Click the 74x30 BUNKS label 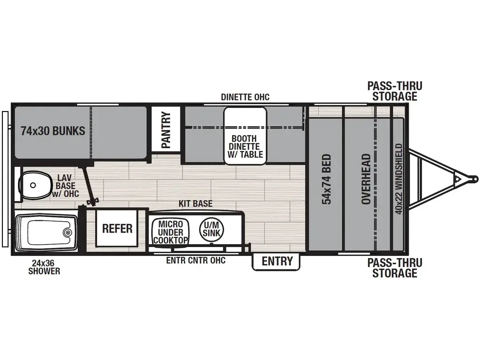pos(53,131)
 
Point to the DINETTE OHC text pos(245,97)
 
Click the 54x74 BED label pos(326,179)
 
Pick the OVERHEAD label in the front pos(366,179)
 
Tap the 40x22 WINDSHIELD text pos(399,179)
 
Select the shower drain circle pos(68,232)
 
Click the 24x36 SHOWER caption pos(44,267)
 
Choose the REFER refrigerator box pos(117,229)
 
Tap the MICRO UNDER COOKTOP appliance pos(171,232)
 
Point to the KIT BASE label pos(195,204)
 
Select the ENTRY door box pos(277,262)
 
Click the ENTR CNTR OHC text pos(196,260)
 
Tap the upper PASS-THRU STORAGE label pos(395,91)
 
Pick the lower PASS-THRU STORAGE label pos(395,268)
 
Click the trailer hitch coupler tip pos(475,179)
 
